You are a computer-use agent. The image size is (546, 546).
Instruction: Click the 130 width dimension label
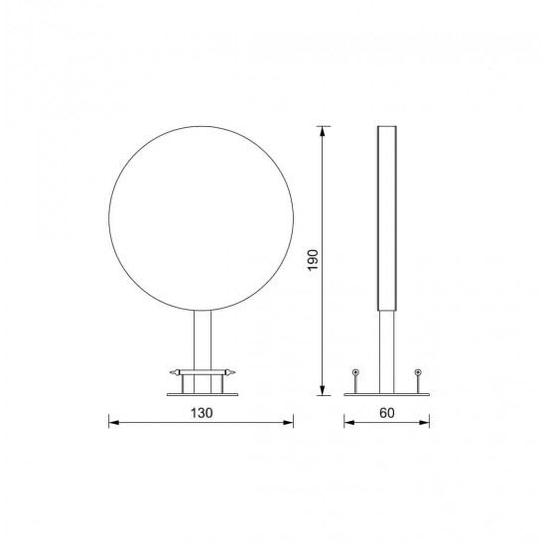point(202,413)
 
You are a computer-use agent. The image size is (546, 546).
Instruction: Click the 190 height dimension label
point(313,260)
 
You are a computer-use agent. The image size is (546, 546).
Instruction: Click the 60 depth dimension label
point(386,413)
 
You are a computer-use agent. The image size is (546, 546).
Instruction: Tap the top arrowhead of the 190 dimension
point(323,132)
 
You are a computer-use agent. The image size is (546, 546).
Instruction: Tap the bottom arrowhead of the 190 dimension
point(323,390)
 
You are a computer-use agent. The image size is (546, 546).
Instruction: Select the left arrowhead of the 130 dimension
point(114,422)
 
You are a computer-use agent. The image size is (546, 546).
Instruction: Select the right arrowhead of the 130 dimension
point(288,422)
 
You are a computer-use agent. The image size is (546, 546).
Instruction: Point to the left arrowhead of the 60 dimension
point(349,422)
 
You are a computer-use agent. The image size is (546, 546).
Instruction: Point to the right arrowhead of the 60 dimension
point(424,422)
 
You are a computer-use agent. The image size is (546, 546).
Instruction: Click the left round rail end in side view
point(355,372)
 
